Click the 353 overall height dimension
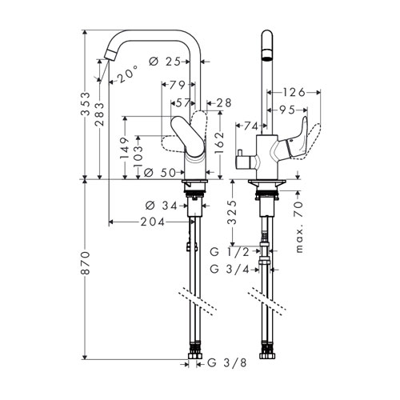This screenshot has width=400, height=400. click(x=86, y=104)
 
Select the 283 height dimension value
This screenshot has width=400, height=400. click(x=99, y=114)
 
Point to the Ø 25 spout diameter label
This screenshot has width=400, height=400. click(x=165, y=62)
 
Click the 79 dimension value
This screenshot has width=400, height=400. click(x=178, y=85)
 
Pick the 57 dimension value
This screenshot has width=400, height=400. click(x=183, y=103)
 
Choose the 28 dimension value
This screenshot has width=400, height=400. click(x=223, y=103)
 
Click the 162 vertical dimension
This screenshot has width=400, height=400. click(x=219, y=143)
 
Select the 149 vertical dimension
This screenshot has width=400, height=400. click(x=125, y=149)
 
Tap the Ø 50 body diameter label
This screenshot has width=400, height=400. click(x=160, y=173)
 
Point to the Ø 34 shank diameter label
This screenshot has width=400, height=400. click(x=162, y=206)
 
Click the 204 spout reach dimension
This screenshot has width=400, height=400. click(x=153, y=222)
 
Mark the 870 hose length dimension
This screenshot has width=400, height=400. click(x=86, y=262)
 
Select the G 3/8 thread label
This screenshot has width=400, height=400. click(x=227, y=362)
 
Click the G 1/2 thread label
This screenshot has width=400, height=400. click(x=230, y=251)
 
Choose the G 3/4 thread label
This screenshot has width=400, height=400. click(x=230, y=270)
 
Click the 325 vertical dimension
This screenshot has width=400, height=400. click(x=233, y=213)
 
